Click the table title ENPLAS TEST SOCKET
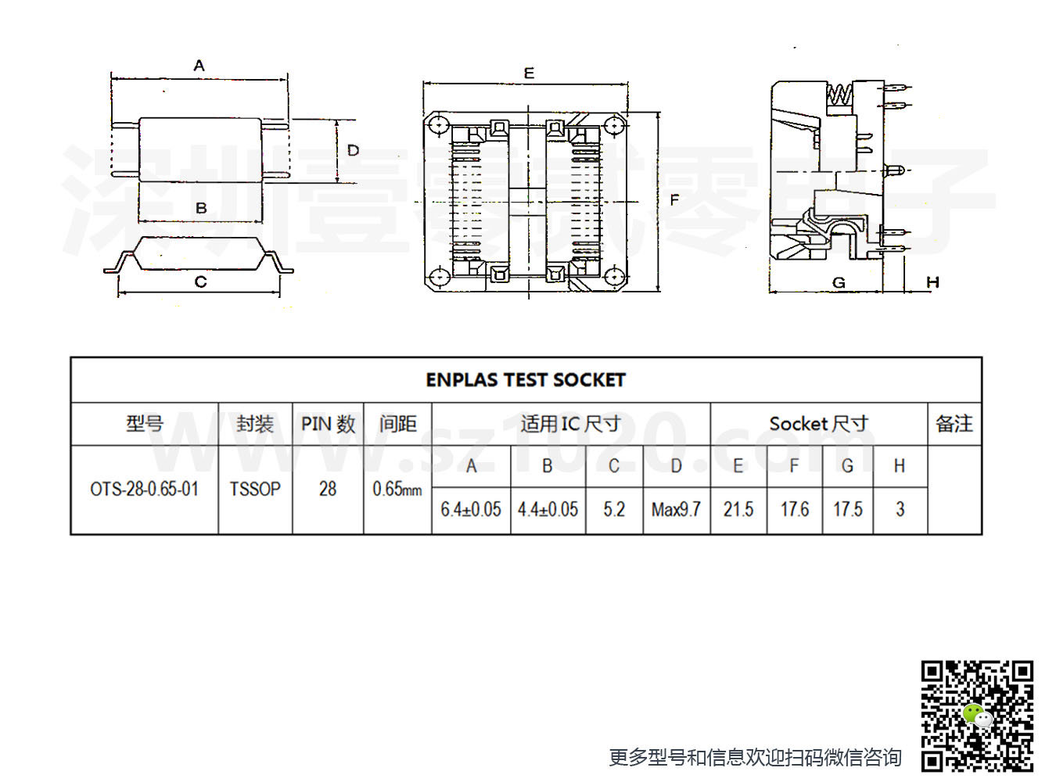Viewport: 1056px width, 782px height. click(x=525, y=380)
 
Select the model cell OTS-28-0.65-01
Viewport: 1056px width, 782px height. click(x=144, y=490)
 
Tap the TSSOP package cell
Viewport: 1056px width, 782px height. click(x=255, y=490)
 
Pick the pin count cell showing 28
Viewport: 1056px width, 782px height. click(x=328, y=490)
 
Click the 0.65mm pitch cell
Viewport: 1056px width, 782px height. click(x=397, y=490)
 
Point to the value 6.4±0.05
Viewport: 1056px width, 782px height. click(x=471, y=510)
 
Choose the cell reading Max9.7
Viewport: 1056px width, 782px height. click(x=676, y=510)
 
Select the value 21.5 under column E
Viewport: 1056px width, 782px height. click(x=738, y=510)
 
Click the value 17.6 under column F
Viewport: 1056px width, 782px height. click(x=795, y=510)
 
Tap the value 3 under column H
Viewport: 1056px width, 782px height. click(x=900, y=510)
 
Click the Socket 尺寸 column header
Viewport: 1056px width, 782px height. click(x=819, y=424)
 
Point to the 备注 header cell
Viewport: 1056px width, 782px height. click(x=954, y=424)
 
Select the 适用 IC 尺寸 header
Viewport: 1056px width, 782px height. click(x=571, y=424)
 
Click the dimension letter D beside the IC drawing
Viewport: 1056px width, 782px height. click(x=353, y=150)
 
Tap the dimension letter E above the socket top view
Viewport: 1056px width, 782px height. click(x=529, y=74)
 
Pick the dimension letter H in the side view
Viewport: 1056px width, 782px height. click(x=932, y=282)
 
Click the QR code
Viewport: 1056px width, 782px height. click(x=977, y=716)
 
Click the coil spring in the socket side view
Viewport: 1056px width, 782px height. click(x=839, y=95)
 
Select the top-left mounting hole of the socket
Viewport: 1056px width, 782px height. click(x=439, y=126)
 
